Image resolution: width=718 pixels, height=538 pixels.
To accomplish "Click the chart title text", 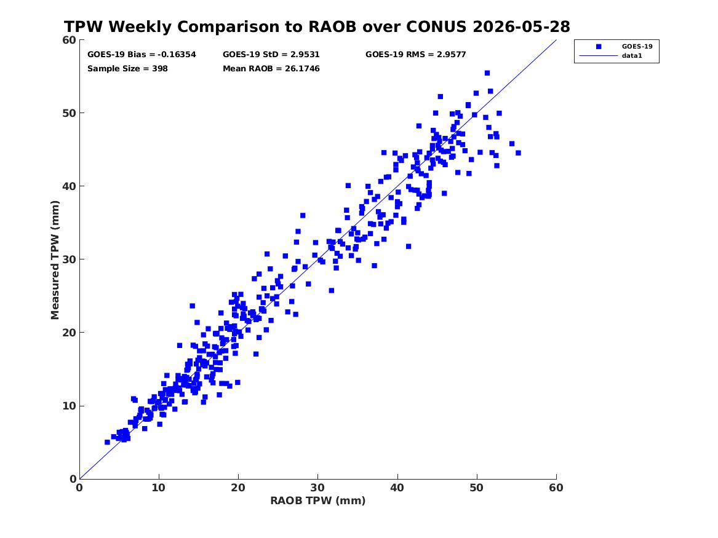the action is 317,26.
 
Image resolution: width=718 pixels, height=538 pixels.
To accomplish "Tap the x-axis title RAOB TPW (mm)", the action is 318,500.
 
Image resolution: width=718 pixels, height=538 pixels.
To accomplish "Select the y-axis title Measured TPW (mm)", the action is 55,260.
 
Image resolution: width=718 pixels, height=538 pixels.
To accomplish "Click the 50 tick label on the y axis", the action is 69,113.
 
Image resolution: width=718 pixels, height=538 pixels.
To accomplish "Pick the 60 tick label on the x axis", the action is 556,488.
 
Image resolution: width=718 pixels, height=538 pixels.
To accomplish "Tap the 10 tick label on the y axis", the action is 69,406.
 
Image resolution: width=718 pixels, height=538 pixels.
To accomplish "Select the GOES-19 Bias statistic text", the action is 142,55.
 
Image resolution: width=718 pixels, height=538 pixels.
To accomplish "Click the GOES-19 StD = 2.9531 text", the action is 271,55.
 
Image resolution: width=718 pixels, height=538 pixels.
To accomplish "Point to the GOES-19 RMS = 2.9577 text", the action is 416,55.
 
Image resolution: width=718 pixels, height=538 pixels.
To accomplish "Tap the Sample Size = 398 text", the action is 127,69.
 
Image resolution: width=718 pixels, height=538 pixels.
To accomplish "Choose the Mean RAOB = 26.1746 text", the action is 271,69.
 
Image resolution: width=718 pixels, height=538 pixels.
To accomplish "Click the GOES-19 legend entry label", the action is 637,46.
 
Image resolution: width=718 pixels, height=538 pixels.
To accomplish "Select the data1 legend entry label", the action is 632,56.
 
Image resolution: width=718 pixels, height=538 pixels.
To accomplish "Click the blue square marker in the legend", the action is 599,47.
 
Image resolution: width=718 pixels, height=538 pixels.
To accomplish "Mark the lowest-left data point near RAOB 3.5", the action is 107,442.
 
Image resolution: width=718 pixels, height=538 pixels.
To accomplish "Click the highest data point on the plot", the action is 487,73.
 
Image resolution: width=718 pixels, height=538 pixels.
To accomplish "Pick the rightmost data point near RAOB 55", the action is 518,153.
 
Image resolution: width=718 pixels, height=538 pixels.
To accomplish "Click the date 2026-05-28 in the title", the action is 521,26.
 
